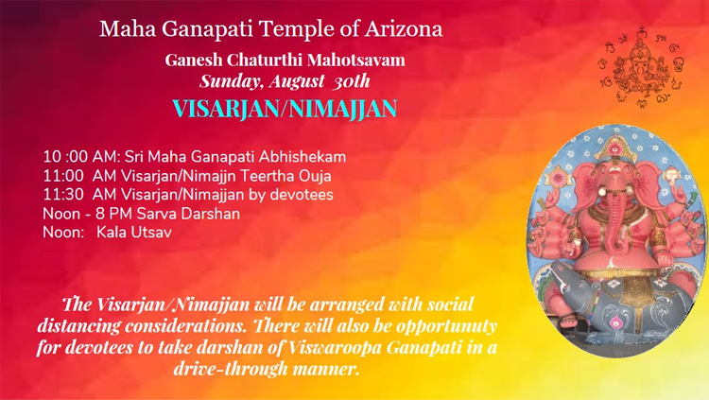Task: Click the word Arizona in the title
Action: (404, 29)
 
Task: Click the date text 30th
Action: (352, 81)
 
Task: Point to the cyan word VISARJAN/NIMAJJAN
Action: (285, 109)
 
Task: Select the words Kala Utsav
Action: (134, 233)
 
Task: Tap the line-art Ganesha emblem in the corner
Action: (641, 67)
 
